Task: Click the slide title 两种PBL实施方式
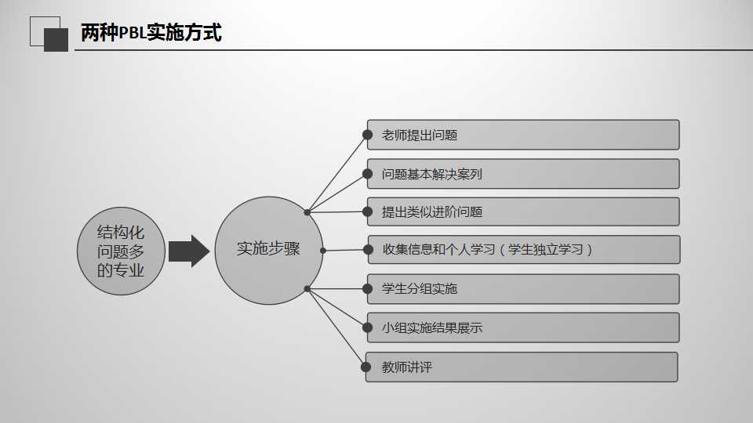(x=151, y=33)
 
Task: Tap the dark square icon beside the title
(x=56, y=39)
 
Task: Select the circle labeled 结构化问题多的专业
(x=121, y=251)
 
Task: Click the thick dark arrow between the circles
(x=189, y=251)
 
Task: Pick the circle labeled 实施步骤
(x=268, y=250)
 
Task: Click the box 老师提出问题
(x=522, y=135)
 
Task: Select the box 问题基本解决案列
(x=522, y=174)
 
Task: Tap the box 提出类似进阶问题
(x=522, y=211)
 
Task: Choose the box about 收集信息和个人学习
(x=522, y=250)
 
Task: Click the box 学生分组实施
(x=522, y=288)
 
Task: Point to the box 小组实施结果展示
(x=522, y=327)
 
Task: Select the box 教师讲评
(x=522, y=367)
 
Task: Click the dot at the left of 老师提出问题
(x=366, y=135)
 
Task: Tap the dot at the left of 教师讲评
(x=366, y=367)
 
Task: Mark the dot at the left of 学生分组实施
(x=366, y=288)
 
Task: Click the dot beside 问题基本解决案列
(x=366, y=174)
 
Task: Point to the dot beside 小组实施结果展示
(x=366, y=327)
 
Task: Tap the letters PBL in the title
(x=132, y=34)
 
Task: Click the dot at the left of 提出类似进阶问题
(x=366, y=211)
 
